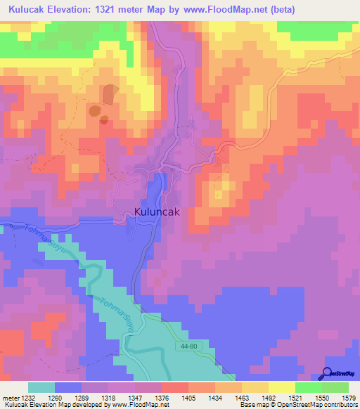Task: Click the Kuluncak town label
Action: pos(160,212)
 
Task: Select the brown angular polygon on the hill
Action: pos(109,94)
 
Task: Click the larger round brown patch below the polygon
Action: pos(94,110)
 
